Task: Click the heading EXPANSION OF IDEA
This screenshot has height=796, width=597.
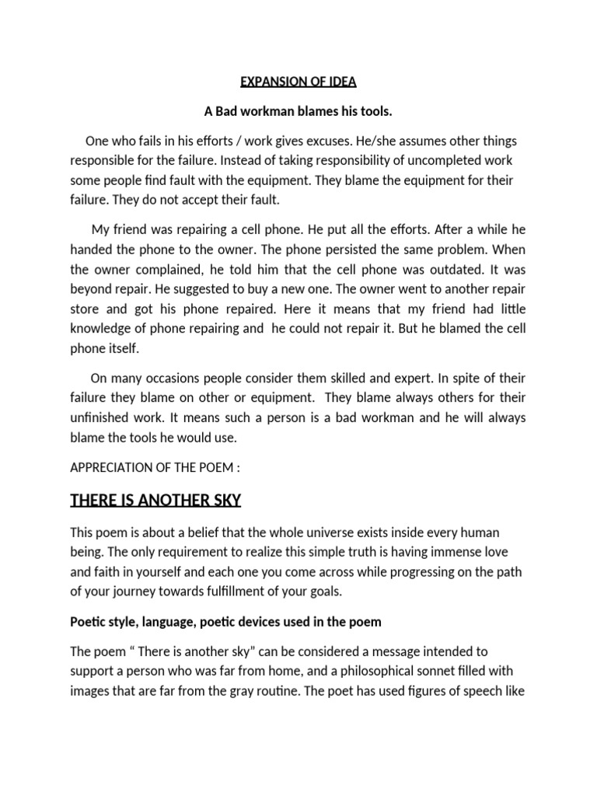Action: coord(298,82)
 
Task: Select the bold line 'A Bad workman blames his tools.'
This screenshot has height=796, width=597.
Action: coord(298,112)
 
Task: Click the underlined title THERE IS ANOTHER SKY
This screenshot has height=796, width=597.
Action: coord(155,501)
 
